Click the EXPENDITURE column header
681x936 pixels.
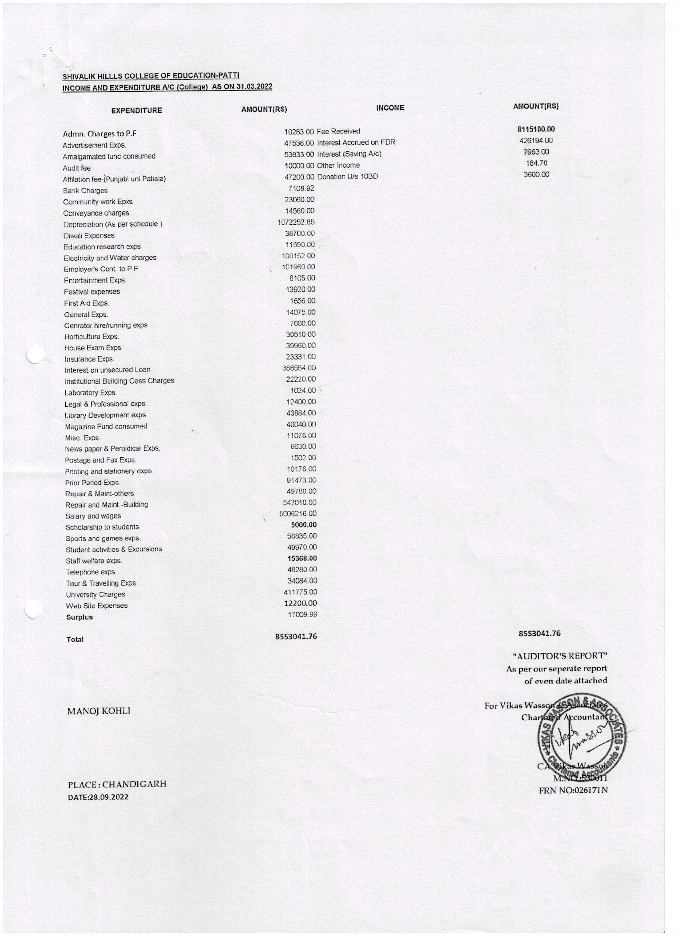[x=136, y=110]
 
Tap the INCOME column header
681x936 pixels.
[x=390, y=108]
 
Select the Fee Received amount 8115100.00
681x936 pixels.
[x=536, y=129]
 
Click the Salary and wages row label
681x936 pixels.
[x=93, y=516]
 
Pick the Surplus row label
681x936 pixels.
[x=79, y=617]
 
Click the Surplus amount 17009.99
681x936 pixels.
[x=302, y=615]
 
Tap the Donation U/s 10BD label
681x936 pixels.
[x=347, y=177]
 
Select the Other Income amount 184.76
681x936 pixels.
[x=537, y=163]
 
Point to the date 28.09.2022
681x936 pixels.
[x=98, y=797]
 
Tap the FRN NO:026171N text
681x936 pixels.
[x=573, y=791]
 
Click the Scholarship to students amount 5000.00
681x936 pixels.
[x=304, y=525]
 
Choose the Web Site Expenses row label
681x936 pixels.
[x=97, y=606]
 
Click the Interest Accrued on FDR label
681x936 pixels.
[x=356, y=143]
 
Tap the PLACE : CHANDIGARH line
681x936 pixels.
[x=117, y=784]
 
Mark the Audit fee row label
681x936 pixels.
[x=77, y=168]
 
